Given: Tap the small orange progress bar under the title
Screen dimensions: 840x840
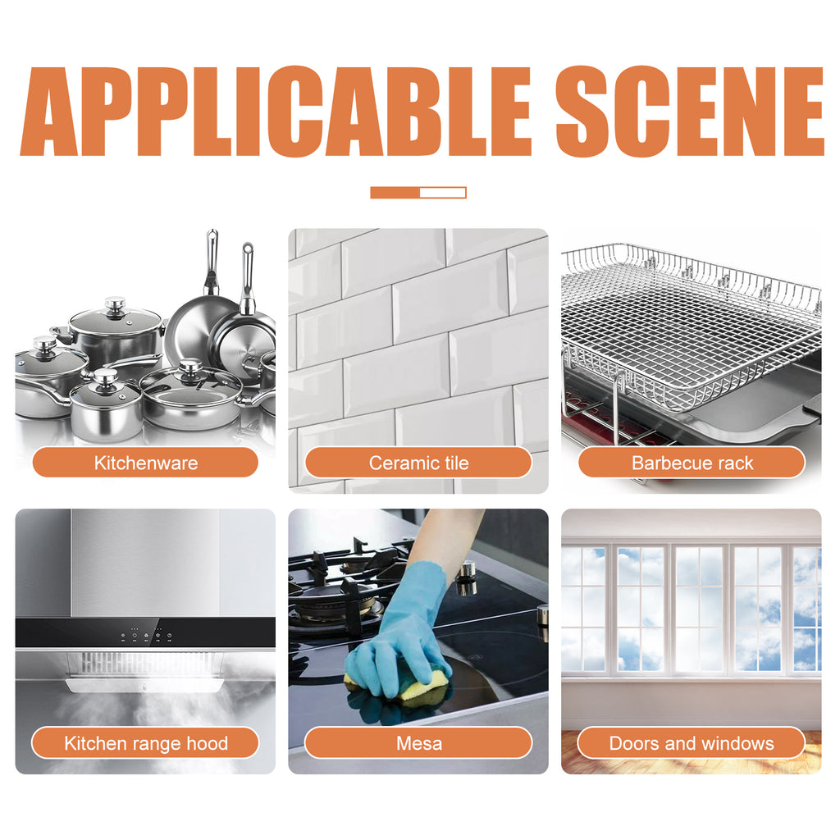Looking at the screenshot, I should click(x=418, y=193).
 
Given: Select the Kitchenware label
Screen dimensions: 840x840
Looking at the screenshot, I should click(x=145, y=463).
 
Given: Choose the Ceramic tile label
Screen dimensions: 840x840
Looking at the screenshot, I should click(x=418, y=463).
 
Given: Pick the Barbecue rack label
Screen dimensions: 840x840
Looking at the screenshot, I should click(x=692, y=463).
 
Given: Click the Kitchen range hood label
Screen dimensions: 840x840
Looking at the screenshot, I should click(x=145, y=743).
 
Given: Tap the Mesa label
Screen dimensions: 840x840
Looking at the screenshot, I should click(x=418, y=743).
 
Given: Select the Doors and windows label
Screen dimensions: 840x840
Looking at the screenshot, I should click(x=692, y=743).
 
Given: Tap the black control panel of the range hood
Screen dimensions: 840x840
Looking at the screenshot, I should click(x=145, y=634).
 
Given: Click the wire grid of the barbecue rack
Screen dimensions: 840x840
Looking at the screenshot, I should click(x=689, y=328).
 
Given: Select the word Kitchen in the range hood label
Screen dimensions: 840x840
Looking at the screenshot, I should click(x=95, y=743).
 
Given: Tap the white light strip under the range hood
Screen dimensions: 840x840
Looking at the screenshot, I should click(x=145, y=686).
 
